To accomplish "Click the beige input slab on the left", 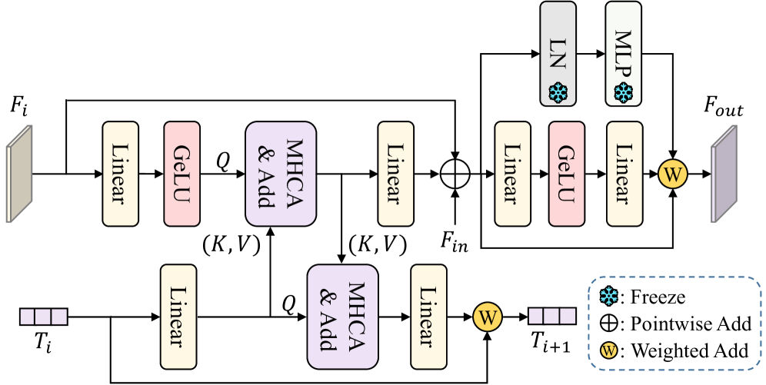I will coord(20,174).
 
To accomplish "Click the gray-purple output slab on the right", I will coord(724,174).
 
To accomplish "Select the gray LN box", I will coord(558,53).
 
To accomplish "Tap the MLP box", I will coord(623,53).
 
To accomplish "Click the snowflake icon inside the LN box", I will coord(558,94).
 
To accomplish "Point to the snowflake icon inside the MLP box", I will coord(623,94).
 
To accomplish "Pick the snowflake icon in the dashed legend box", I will coord(609,296).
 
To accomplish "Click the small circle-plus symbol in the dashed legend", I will coord(609,323).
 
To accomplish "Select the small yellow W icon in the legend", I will coord(609,350).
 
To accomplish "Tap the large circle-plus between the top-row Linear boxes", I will coord(455,174).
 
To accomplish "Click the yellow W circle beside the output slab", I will coord(673,174).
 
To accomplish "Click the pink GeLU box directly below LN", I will coord(567,174).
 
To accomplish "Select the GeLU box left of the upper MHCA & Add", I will coord(182,174).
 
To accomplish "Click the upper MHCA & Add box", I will coord(281,174).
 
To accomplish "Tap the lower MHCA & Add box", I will coord(343,317).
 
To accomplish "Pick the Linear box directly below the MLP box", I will coord(624,174).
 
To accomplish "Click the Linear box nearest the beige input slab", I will coord(121,174).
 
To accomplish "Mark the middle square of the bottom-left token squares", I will coord(43,317).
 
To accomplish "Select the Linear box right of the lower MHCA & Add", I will coord(428,317).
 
